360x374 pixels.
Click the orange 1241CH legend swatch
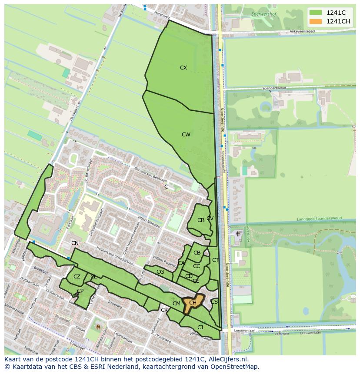pyautogui.click(x=316, y=21)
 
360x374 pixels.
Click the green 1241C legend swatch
pyautogui.click(x=316, y=13)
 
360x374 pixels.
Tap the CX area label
pyautogui.click(x=183, y=68)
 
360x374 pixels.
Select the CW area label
pyautogui.click(x=186, y=135)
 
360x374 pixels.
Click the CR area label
pyautogui.click(x=200, y=220)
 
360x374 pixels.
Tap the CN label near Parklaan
pyautogui.click(x=75, y=243)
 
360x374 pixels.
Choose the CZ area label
pyautogui.click(x=77, y=277)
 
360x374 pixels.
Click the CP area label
pyautogui.click(x=80, y=291)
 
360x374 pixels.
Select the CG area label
pyautogui.click(x=160, y=272)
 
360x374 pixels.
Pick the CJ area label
pyautogui.click(x=200, y=328)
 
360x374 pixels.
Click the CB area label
pyautogui.click(x=197, y=253)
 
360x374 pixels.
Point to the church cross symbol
pyautogui.click(x=237, y=234)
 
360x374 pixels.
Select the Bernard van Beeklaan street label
pyautogui.click(x=150, y=173)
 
